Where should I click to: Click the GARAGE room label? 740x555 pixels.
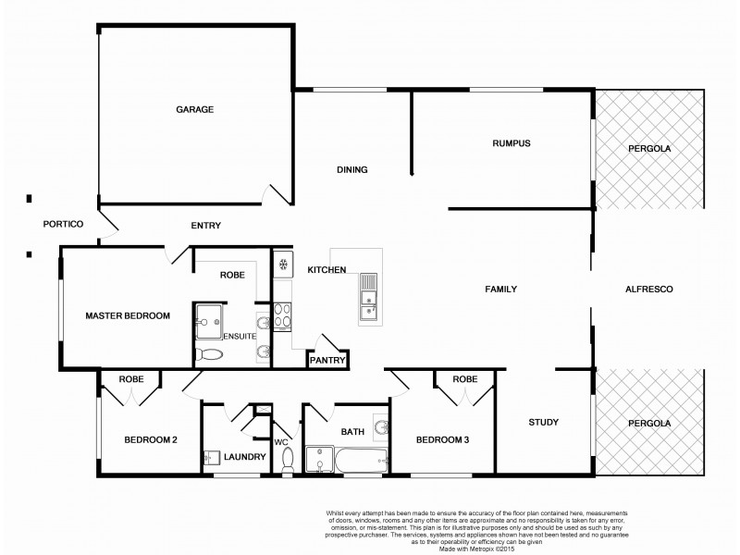tap(194, 110)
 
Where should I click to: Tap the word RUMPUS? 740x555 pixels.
tap(511, 142)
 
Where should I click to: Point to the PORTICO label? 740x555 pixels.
tap(64, 225)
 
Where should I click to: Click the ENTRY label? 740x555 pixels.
tap(205, 226)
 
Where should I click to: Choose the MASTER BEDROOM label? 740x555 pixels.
tap(128, 316)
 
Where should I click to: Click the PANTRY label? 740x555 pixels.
tap(327, 361)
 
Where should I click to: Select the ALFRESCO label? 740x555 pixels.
tap(647, 290)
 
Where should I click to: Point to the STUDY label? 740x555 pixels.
tap(543, 423)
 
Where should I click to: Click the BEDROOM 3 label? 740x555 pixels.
tap(442, 440)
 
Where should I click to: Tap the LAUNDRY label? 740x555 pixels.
tap(245, 456)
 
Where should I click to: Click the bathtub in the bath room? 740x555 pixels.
tap(356, 460)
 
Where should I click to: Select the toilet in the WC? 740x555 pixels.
tap(287, 459)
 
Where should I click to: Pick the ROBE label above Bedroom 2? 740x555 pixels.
tap(129, 378)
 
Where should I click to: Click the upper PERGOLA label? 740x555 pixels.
tap(649, 148)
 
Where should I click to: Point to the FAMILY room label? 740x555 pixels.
tap(500, 290)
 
